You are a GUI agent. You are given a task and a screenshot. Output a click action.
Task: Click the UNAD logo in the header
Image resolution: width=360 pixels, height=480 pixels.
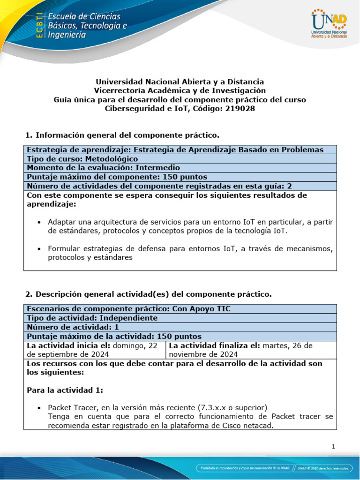(x=329, y=25)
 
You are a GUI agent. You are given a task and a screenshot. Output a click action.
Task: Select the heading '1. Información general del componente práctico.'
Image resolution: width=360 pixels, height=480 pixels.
(x=122, y=135)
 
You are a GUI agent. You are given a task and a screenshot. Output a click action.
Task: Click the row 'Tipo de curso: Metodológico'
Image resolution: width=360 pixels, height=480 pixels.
(x=82, y=158)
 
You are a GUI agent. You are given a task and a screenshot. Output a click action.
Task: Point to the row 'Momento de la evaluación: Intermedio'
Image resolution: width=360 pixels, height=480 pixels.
(x=103, y=167)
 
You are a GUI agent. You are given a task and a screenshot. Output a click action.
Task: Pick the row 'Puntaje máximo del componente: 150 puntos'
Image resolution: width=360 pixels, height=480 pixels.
(x=117, y=177)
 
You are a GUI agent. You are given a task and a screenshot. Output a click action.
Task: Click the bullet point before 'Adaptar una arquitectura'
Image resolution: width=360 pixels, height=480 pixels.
(x=39, y=221)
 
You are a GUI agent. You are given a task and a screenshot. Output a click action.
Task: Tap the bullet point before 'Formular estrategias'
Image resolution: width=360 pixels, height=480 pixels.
(x=39, y=248)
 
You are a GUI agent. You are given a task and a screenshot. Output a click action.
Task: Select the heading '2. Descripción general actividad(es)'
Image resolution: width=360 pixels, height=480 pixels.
(x=148, y=294)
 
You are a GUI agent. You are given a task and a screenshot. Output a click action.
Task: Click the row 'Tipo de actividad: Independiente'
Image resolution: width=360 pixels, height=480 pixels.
(x=92, y=318)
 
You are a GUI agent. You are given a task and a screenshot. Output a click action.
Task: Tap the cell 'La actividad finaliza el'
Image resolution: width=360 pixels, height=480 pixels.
(x=251, y=350)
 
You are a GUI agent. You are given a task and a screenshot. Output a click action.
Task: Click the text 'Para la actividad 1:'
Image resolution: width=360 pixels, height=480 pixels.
(x=61, y=390)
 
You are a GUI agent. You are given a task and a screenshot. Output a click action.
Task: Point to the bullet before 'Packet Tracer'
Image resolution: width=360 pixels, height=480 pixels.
(x=39, y=407)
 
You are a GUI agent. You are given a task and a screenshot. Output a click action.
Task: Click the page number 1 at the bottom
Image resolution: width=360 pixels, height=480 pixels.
(x=333, y=447)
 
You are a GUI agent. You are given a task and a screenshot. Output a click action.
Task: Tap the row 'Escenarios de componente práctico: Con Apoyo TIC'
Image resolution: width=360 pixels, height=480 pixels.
(x=129, y=308)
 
